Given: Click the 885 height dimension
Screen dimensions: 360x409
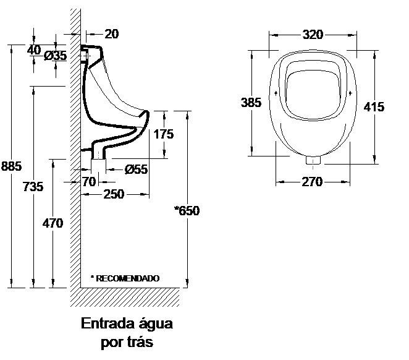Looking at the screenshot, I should [12, 166].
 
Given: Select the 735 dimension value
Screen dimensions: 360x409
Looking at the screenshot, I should [33, 186].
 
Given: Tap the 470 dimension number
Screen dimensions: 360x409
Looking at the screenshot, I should [53, 223].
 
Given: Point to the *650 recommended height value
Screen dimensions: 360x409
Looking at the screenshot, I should [187, 211].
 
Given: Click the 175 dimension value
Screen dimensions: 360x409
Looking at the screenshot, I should [164, 134].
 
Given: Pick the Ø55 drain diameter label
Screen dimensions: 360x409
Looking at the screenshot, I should [136, 169].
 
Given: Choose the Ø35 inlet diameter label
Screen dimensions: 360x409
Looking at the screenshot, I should [56, 56].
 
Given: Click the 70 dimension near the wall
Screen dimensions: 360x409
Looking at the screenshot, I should [89, 181].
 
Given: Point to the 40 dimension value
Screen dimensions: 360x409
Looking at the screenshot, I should [34, 49].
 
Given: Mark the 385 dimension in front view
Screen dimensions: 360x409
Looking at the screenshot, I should [251, 103].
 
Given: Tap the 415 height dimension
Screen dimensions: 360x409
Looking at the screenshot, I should [374, 106].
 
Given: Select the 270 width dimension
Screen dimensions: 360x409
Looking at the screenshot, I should [312, 182].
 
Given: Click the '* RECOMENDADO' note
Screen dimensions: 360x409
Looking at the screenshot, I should [125, 278].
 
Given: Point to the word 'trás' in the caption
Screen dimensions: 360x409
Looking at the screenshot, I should [140, 342].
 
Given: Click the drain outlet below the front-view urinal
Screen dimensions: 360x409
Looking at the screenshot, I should [314, 160].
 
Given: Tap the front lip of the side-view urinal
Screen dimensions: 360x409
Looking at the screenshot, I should [146, 114].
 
